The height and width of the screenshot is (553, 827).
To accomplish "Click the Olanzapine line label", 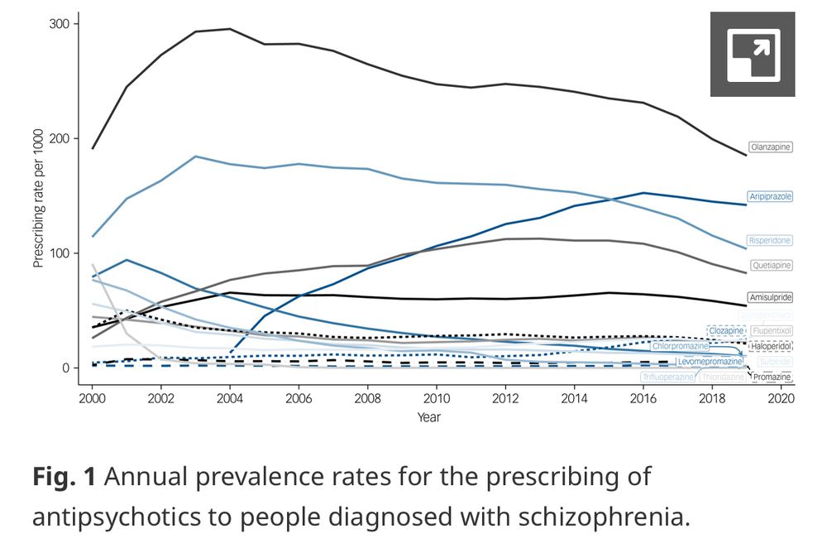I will [771, 147].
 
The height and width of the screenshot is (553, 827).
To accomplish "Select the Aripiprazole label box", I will [770, 197].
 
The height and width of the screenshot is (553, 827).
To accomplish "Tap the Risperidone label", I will [770, 241].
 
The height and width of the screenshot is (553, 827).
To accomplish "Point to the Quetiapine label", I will [771, 266].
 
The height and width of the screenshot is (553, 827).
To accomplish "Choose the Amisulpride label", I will [770, 297].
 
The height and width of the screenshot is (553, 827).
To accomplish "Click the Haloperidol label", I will [770, 346].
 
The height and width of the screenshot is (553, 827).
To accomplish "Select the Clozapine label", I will [727, 331].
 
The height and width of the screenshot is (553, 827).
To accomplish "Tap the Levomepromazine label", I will [710, 362].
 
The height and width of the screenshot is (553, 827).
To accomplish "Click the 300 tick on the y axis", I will [59, 24].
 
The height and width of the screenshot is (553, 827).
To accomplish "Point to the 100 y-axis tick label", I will [59, 252].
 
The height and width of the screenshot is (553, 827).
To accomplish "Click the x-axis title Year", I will [428, 416].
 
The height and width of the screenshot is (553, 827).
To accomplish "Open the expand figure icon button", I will [753, 55].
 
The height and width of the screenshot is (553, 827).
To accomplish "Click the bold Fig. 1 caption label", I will [64, 477].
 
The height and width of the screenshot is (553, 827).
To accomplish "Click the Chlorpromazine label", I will [681, 346].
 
